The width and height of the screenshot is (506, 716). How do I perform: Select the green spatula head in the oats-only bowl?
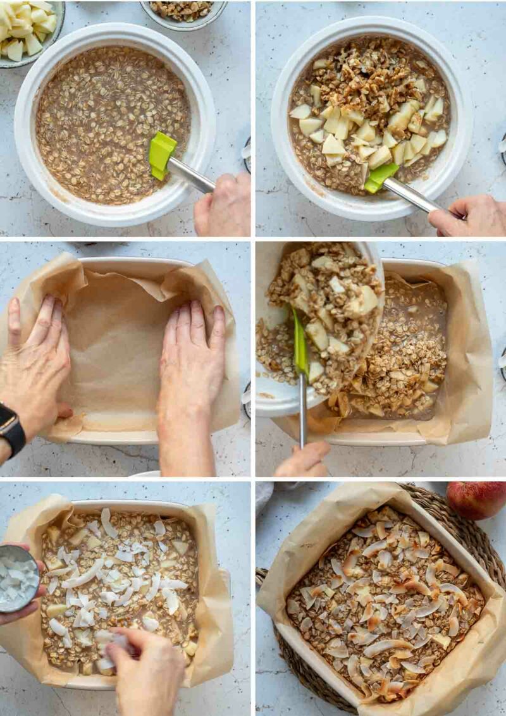tap(161, 153)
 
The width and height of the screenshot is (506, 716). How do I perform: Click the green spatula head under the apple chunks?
tap(381, 176)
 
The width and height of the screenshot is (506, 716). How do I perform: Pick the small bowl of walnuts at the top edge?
tap(183, 11)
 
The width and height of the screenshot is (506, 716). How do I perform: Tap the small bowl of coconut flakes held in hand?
tap(18, 578)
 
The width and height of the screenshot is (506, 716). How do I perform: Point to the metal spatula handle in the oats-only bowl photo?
tap(190, 175)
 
